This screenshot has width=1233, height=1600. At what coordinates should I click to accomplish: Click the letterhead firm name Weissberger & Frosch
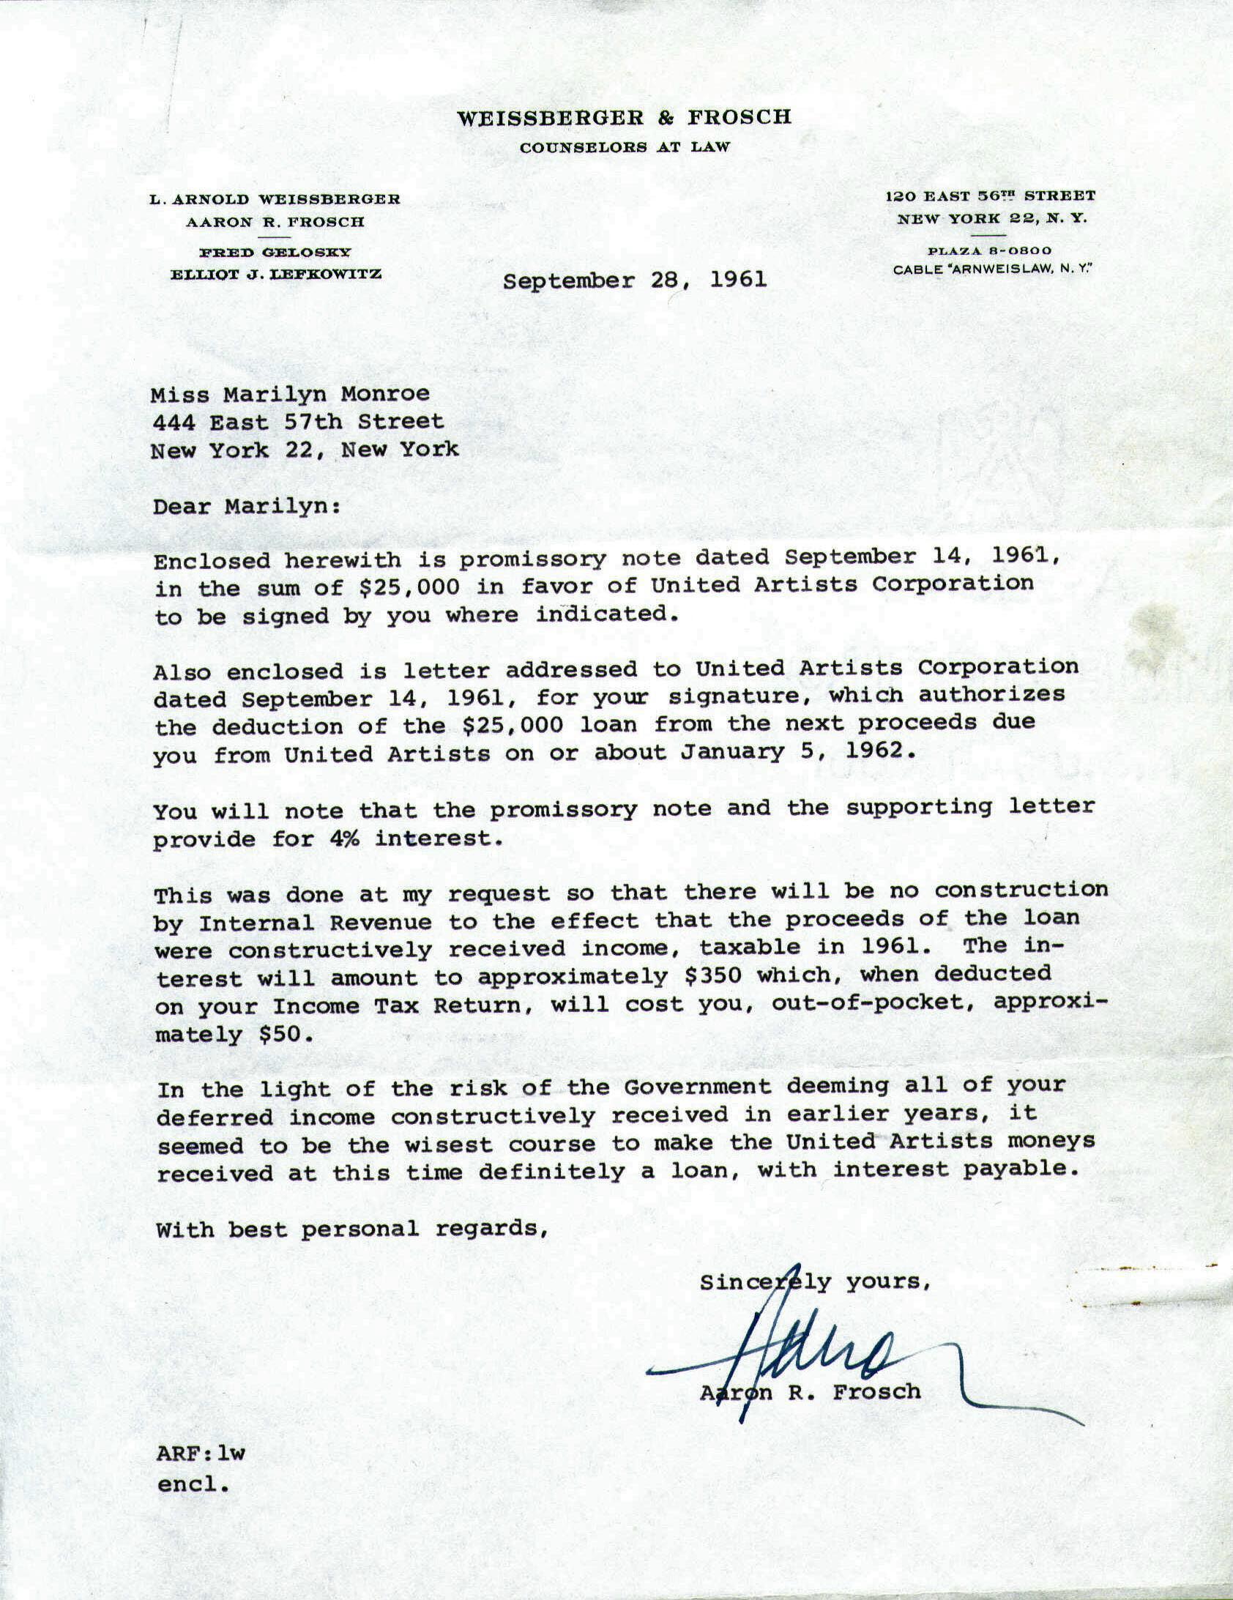(x=624, y=117)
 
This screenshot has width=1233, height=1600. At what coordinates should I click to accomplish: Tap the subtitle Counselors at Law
(x=625, y=147)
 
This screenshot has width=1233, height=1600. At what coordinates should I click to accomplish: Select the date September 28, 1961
(x=635, y=280)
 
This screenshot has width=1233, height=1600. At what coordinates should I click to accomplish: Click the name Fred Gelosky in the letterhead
(x=275, y=253)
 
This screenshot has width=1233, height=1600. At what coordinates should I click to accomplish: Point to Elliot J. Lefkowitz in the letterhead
(x=275, y=275)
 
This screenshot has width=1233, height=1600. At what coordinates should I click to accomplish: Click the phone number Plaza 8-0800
(x=989, y=250)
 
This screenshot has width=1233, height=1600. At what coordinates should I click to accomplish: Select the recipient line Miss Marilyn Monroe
(x=290, y=395)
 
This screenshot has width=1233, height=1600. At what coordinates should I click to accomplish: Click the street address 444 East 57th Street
(x=297, y=423)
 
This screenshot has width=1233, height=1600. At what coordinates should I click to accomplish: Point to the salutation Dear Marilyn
(x=246, y=507)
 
